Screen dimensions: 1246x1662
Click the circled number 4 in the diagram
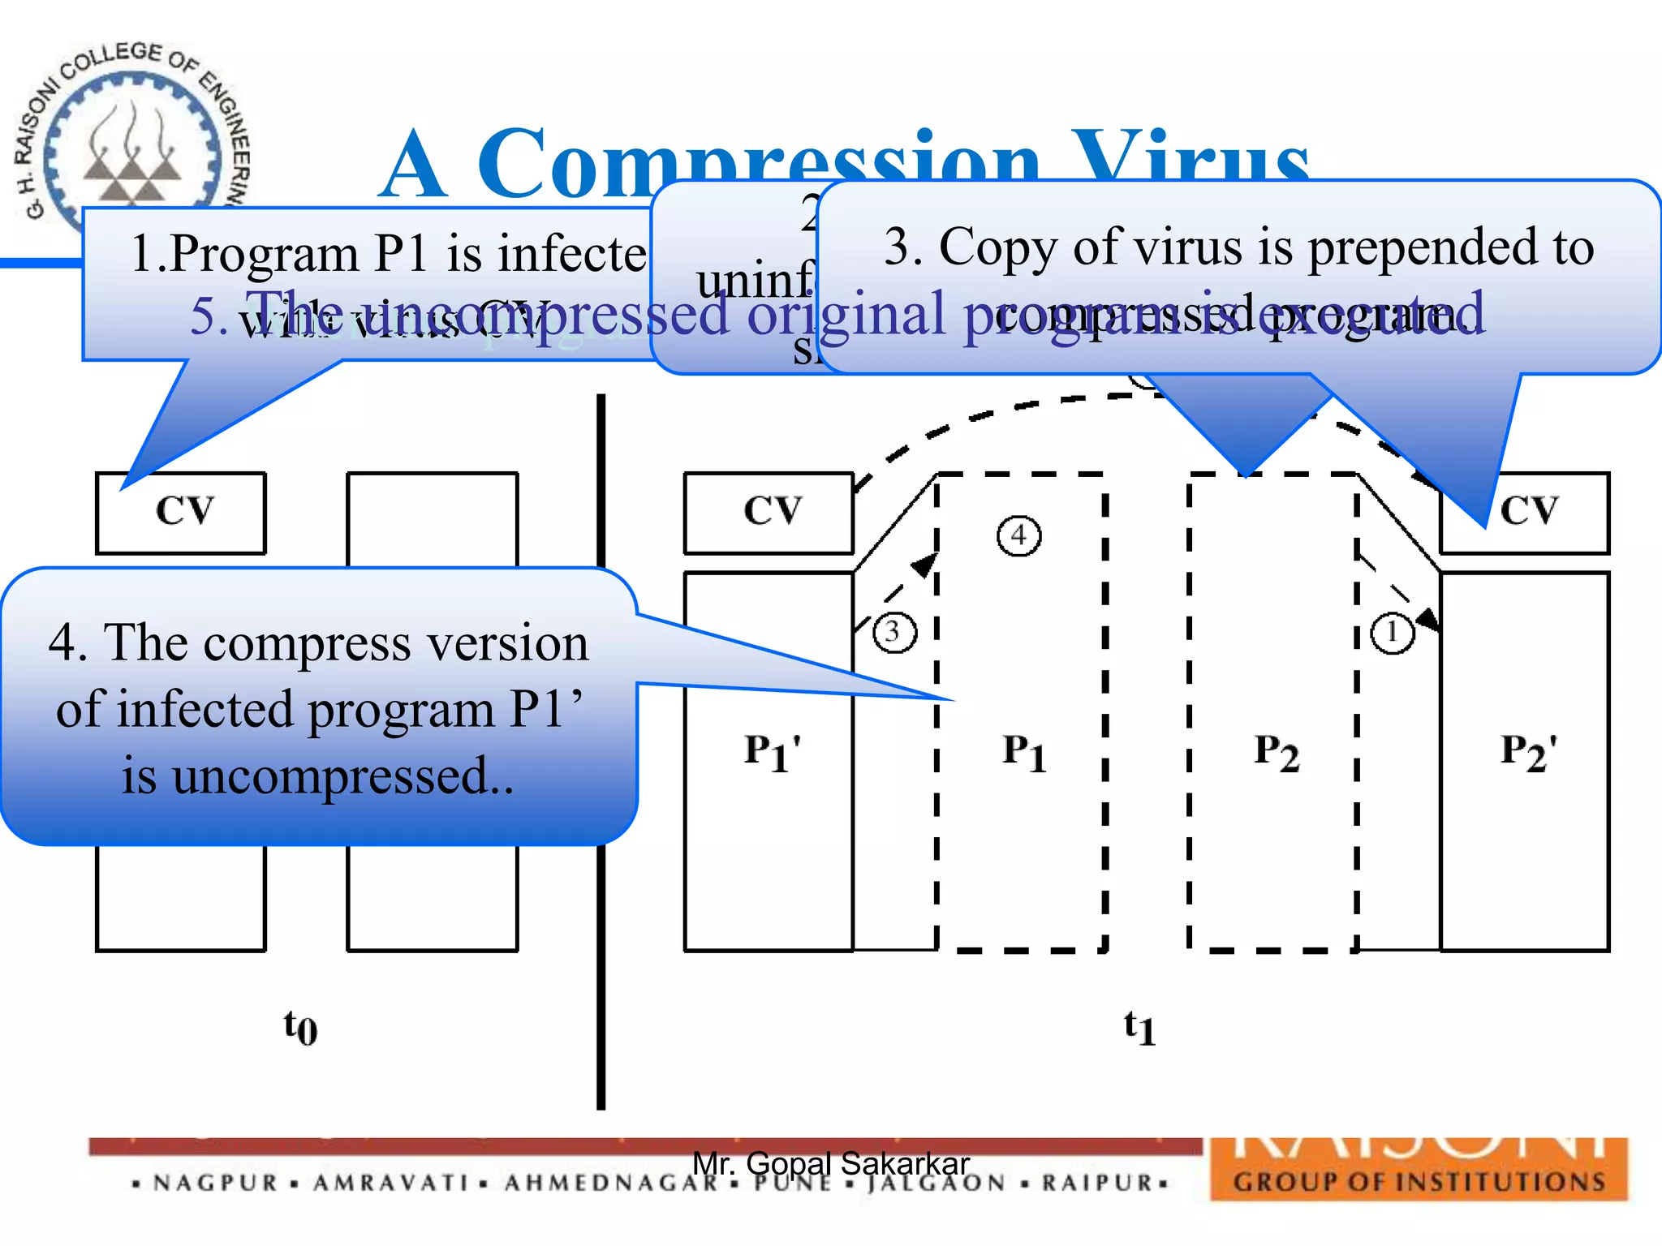1018,535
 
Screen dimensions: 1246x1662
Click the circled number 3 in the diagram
894,631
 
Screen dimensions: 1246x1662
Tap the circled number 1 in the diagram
1393,631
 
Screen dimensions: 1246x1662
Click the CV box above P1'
769,513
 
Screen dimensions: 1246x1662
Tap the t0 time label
300,1027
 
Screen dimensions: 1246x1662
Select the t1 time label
1139,1027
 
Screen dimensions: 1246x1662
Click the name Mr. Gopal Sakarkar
831,1163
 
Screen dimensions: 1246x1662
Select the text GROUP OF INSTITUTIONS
1419,1181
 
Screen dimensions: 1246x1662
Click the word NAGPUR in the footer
216,1183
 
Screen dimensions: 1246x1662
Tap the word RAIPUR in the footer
1097,1183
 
